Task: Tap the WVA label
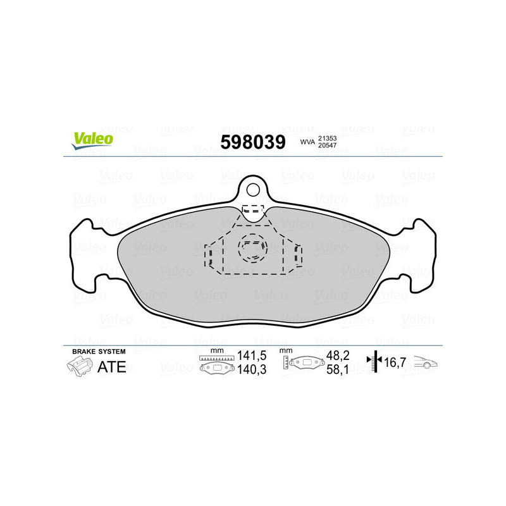pyautogui.click(x=307, y=142)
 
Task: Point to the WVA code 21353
pyautogui.click(x=326, y=138)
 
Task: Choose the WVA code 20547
pyautogui.click(x=326, y=146)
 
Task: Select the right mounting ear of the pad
pyautogui.click(x=421, y=256)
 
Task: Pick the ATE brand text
pyautogui.click(x=111, y=367)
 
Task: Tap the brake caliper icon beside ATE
pyautogui.click(x=78, y=366)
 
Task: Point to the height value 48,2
pyautogui.click(x=336, y=356)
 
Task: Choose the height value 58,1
pyautogui.click(x=336, y=371)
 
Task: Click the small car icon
pyautogui.click(x=425, y=364)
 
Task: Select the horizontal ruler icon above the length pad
pyautogui.click(x=216, y=358)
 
